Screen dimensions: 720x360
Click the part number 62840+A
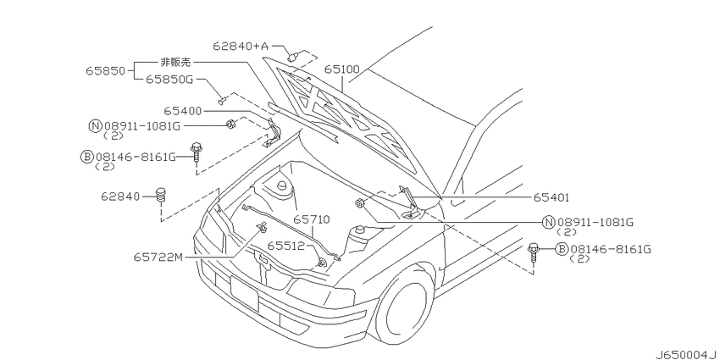pyautogui.click(x=241, y=46)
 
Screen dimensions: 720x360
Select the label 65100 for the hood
pyautogui.click(x=342, y=69)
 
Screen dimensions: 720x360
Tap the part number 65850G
pyautogui.click(x=169, y=80)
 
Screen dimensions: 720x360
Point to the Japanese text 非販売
pyautogui.click(x=175, y=62)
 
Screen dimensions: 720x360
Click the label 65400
pyautogui.click(x=182, y=111)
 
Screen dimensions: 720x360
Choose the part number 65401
pyautogui.click(x=551, y=197)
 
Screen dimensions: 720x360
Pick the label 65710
pyautogui.click(x=312, y=219)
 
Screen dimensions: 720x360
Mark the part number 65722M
pyautogui.click(x=158, y=258)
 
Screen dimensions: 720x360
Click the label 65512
pyautogui.click(x=286, y=246)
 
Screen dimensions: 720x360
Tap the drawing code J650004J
pyautogui.click(x=685, y=354)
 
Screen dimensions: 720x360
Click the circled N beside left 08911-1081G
pyautogui.click(x=95, y=126)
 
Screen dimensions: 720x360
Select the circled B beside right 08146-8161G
pyautogui.click(x=562, y=249)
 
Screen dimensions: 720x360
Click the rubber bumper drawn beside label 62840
pyautogui.click(x=161, y=196)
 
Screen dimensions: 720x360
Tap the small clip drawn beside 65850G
pyautogui.click(x=222, y=99)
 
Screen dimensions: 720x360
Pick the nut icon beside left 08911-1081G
pyautogui.click(x=230, y=124)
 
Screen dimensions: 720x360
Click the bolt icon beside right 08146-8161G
pyautogui.click(x=533, y=252)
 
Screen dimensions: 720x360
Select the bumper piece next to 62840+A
pyautogui.click(x=292, y=57)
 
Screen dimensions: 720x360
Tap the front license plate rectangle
pyautogui.click(x=244, y=294)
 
